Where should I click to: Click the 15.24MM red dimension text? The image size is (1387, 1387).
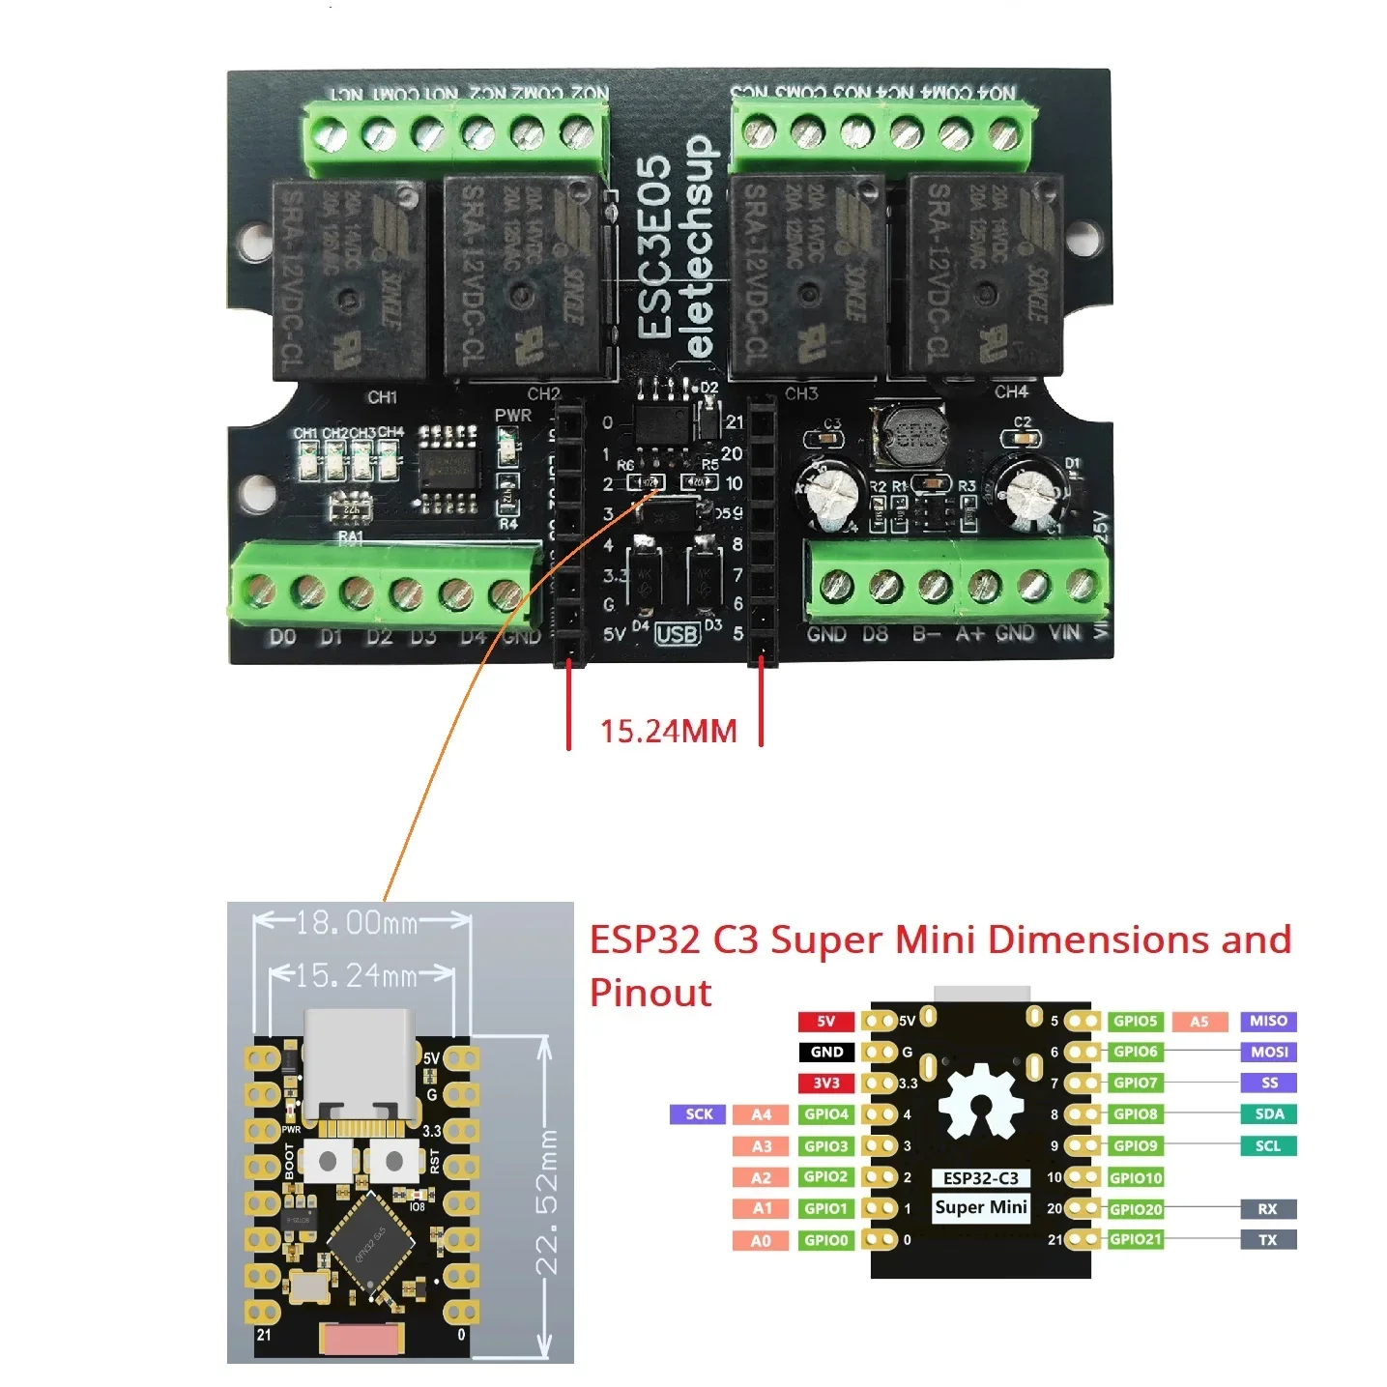668,731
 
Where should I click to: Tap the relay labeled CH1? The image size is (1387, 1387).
349,278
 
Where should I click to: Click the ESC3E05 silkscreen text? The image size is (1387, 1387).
655,248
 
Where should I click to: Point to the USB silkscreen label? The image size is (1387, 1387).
677,634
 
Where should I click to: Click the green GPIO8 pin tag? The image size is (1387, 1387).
1135,1113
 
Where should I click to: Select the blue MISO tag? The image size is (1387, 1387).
1268,1021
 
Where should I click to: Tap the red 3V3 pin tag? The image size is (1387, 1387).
826,1083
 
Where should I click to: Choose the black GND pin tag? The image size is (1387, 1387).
826,1052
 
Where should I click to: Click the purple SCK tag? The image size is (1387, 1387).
699,1113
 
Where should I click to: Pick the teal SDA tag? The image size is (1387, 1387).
1268,1113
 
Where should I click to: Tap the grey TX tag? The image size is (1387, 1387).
1268,1239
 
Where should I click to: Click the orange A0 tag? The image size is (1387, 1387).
762,1240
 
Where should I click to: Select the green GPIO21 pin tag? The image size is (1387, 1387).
1136,1239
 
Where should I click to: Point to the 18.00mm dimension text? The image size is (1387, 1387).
357,923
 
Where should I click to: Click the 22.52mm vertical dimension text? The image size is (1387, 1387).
546,1201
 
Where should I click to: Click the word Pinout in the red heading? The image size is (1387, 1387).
650,993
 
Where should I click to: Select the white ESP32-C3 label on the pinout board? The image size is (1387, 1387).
980,1177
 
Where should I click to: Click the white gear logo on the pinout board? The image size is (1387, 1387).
980,1102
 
